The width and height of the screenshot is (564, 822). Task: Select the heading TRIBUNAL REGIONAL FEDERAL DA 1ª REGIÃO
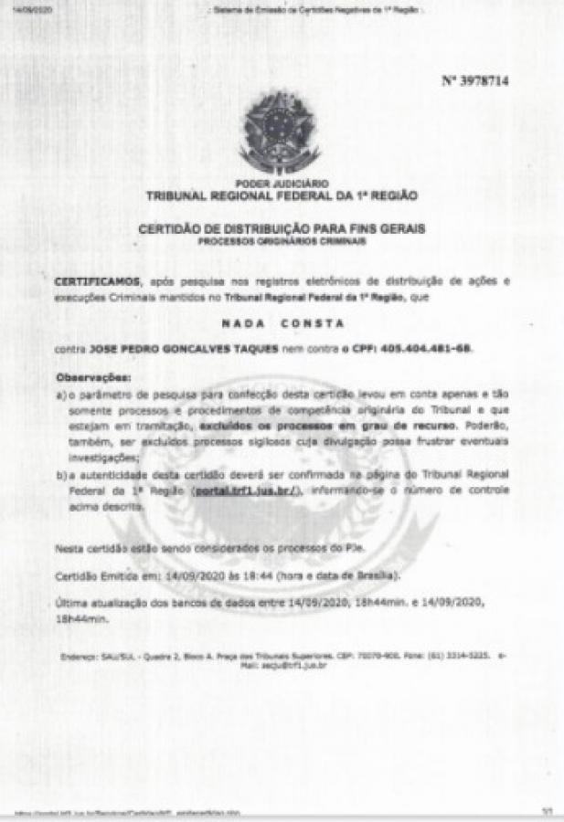(x=282, y=195)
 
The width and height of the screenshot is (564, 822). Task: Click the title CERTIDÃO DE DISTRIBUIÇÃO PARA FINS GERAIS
(x=282, y=228)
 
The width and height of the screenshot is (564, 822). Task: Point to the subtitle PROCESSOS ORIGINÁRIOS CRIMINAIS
(x=282, y=241)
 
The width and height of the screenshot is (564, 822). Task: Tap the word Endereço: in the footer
(x=80, y=656)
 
